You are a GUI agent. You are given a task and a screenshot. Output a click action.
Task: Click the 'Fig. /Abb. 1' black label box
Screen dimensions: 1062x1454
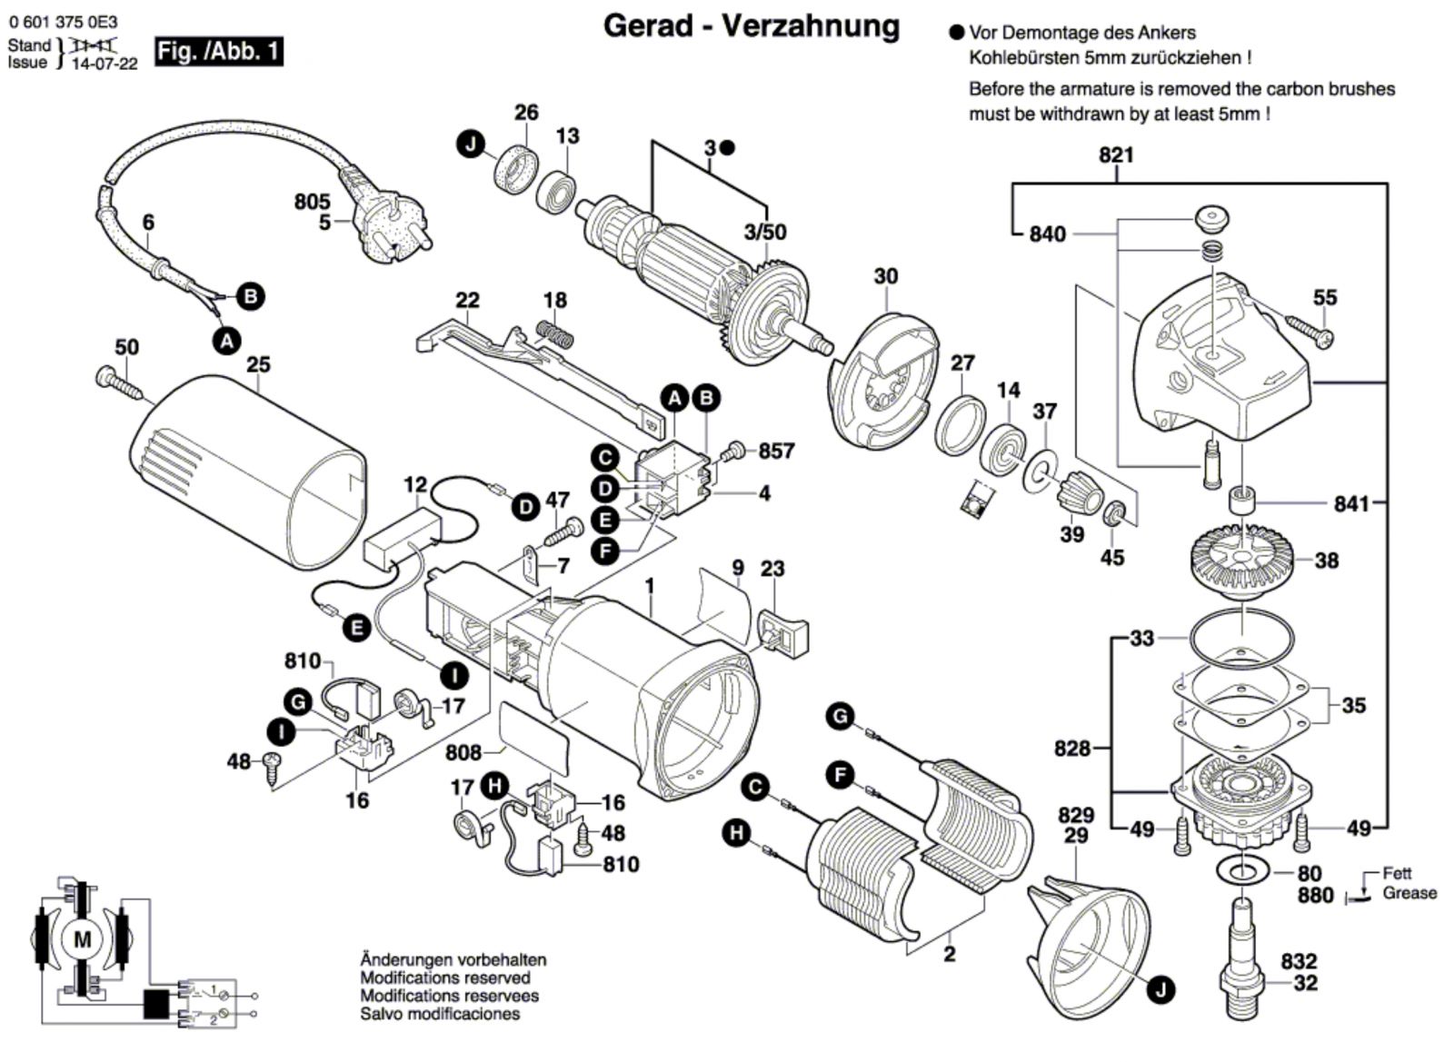pyautogui.click(x=218, y=51)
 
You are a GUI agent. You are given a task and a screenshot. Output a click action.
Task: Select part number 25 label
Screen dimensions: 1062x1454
pyautogui.click(x=258, y=365)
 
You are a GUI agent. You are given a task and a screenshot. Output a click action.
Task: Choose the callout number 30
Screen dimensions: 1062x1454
pyautogui.click(x=885, y=275)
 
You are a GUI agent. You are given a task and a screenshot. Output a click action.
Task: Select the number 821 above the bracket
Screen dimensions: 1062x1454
pyautogui.click(x=1116, y=155)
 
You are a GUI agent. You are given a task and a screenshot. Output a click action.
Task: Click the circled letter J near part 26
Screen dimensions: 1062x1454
pyautogui.click(x=470, y=144)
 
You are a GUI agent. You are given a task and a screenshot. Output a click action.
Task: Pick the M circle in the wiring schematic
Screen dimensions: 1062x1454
pyautogui.click(x=82, y=939)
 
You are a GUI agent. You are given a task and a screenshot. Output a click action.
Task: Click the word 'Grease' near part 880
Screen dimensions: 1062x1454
pyautogui.click(x=1409, y=893)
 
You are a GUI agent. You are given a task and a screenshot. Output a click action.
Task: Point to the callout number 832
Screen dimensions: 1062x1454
pyautogui.click(x=1299, y=961)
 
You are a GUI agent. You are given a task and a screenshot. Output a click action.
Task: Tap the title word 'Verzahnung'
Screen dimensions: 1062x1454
pyautogui.click(x=811, y=27)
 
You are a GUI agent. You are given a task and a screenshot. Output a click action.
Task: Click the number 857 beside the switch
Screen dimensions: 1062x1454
pyautogui.click(x=776, y=451)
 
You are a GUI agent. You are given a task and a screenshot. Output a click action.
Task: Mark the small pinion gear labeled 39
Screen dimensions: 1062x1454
pyautogui.click(x=1078, y=495)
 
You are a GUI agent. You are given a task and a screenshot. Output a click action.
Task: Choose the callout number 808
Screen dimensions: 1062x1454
pyautogui.click(x=463, y=752)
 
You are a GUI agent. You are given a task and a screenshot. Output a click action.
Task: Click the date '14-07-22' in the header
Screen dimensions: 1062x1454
pyautogui.click(x=105, y=64)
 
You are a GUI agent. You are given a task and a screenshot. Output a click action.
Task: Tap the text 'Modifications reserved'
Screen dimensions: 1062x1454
pyautogui.click(x=445, y=978)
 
